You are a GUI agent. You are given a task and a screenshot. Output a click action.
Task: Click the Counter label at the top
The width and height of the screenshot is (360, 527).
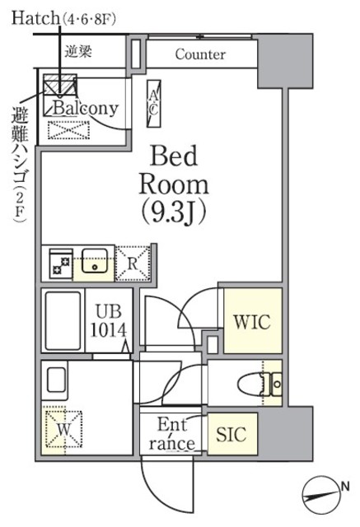click(200, 55)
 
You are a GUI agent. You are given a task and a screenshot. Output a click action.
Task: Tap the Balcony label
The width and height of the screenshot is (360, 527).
click(86, 108)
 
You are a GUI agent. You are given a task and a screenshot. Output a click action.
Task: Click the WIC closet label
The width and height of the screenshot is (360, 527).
click(251, 320)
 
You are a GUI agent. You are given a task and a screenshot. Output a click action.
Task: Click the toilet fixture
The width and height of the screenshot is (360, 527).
click(264, 384)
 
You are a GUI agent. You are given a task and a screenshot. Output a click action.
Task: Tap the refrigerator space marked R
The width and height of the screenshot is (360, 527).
click(133, 264)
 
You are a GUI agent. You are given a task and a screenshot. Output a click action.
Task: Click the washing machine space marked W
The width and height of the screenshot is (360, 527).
click(63, 430)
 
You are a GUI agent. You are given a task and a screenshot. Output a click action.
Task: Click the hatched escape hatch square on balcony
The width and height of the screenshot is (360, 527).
click(60, 85)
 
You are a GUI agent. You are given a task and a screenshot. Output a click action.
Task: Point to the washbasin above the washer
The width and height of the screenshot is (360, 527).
click(56, 382)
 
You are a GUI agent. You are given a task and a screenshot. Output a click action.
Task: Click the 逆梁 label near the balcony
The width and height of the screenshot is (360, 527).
click(80, 51)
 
